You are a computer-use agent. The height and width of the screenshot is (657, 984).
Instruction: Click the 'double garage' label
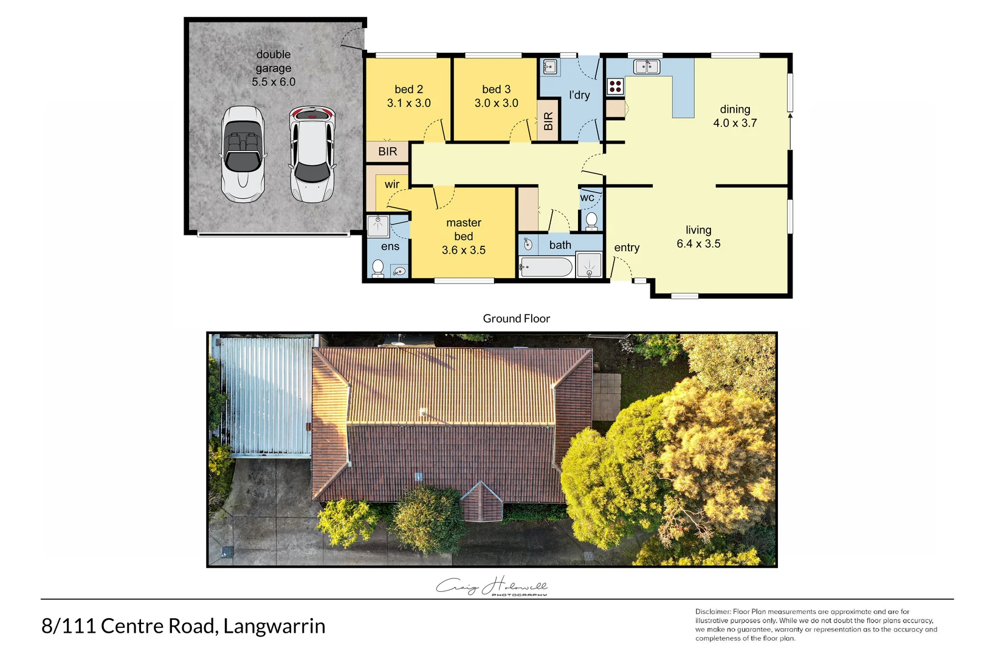pyautogui.click(x=274, y=61)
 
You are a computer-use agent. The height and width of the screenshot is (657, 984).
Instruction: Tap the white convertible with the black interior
pyautogui.click(x=243, y=155)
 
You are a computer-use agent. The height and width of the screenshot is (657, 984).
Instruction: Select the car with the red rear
pyautogui.click(x=312, y=155)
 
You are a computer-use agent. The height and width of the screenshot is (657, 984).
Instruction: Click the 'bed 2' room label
pyautogui.click(x=408, y=89)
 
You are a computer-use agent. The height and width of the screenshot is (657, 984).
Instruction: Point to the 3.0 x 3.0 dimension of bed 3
pyautogui.click(x=496, y=103)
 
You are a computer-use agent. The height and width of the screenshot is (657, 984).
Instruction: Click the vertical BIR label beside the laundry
pyautogui.click(x=548, y=121)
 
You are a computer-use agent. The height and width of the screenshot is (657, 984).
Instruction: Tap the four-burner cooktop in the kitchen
pyautogui.click(x=615, y=86)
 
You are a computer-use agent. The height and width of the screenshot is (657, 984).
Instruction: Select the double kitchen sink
pyautogui.click(x=647, y=66)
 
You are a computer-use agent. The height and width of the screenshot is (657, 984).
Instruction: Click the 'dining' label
pyautogui.click(x=735, y=109)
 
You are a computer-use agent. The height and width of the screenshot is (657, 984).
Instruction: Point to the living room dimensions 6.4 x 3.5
pyautogui.click(x=698, y=244)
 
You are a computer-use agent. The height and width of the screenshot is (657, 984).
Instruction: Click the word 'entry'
pyautogui.click(x=627, y=248)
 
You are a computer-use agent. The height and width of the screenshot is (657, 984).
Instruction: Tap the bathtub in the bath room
pyautogui.click(x=546, y=267)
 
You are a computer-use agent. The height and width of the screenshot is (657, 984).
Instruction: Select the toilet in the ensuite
pyautogui.click(x=377, y=268)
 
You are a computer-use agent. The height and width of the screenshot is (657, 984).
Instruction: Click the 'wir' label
pyautogui.click(x=392, y=184)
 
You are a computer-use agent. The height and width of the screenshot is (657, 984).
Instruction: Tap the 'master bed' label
pyautogui.click(x=463, y=229)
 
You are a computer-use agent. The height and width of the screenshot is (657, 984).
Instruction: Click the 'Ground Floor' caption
pyautogui.click(x=516, y=319)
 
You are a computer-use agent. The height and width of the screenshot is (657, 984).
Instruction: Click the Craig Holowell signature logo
pyautogui.click(x=492, y=586)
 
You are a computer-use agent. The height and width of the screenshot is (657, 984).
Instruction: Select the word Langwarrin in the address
pyautogui.click(x=274, y=626)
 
